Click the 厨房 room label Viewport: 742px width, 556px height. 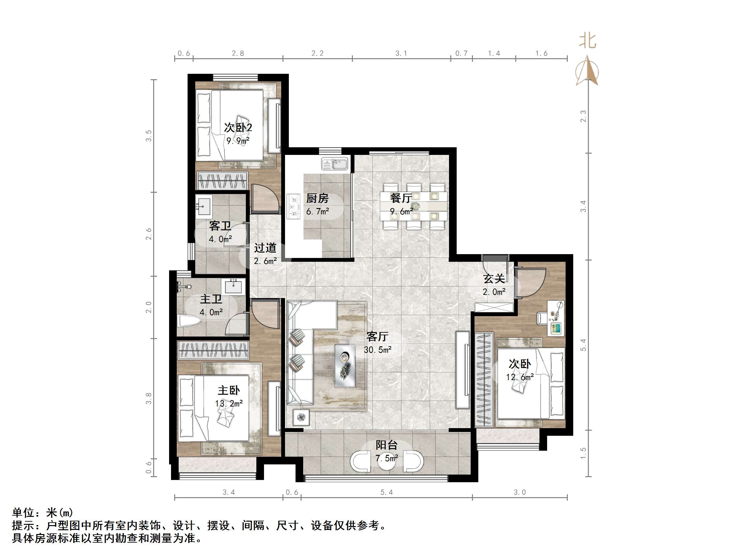(317, 198)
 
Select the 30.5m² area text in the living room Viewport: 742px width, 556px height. (378, 350)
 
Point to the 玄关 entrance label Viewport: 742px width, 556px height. (494, 279)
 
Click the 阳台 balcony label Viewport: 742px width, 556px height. (386, 445)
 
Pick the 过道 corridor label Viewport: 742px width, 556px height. (265, 248)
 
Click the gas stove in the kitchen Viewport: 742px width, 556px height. (294, 207)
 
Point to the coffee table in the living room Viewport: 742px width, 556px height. (345, 366)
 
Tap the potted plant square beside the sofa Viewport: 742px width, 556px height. (301, 418)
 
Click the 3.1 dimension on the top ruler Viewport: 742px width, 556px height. (401, 53)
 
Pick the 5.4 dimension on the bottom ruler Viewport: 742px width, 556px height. (386, 492)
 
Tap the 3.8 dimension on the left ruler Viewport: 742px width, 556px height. (149, 398)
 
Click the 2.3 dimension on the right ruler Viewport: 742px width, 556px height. (583, 116)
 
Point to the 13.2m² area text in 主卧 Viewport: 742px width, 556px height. (229, 404)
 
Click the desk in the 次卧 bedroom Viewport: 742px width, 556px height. (556, 318)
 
